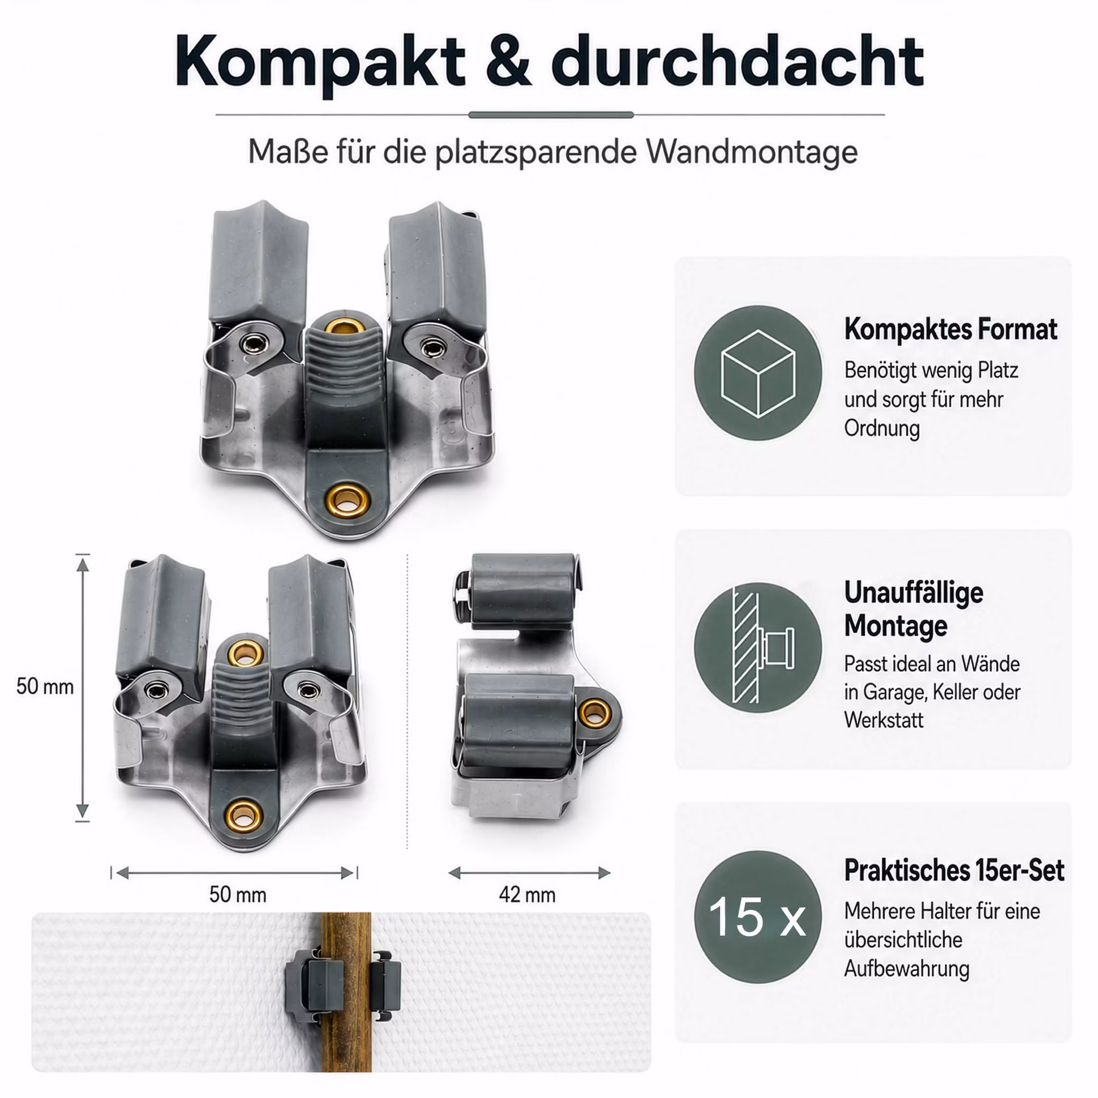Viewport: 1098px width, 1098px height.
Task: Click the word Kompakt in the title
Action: (x=320, y=62)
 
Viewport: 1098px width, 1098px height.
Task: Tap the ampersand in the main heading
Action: (x=508, y=61)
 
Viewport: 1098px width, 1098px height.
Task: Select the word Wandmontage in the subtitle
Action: (x=752, y=152)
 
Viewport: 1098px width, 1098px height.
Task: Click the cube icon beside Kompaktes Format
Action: (x=758, y=373)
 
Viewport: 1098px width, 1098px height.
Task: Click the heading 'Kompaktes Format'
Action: (x=951, y=330)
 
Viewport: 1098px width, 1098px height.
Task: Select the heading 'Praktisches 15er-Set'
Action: (x=954, y=871)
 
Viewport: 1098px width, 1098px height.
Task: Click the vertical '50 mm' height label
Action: (x=45, y=686)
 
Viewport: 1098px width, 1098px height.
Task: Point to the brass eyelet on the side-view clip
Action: (x=596, y=713)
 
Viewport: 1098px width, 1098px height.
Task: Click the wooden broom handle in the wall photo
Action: (x=345, y=991)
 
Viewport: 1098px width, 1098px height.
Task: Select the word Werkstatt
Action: (x=884, y=720)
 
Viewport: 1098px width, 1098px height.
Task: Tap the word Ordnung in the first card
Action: (x=882, y=428)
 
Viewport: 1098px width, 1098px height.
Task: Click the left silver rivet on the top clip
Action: (x=250, y=344)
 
